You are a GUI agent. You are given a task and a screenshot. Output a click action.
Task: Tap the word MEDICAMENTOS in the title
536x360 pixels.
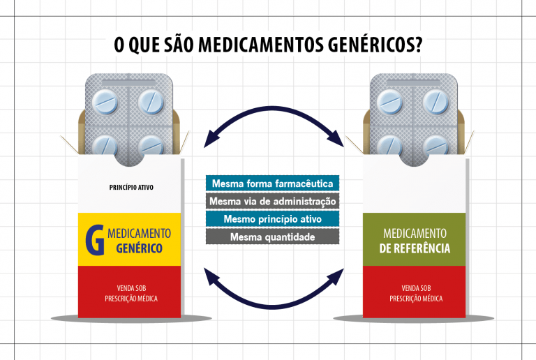(260, 45)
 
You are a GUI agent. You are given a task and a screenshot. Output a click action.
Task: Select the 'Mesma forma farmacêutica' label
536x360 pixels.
(272, 183)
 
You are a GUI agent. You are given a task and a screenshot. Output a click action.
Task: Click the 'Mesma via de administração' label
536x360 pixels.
(272, 201)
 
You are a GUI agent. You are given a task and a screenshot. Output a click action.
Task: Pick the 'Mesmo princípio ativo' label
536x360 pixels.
(272, 219)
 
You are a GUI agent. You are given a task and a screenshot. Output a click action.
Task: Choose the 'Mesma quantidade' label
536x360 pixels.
(272, 237)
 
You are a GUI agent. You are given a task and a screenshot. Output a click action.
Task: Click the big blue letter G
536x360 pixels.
(95, 240)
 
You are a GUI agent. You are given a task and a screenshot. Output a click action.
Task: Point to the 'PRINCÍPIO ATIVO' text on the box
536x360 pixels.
(131, 187)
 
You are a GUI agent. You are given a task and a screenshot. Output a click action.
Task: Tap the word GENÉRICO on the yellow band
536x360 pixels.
(139, 248)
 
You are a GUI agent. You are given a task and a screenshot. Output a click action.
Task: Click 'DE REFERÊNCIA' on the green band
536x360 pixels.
(415, 248)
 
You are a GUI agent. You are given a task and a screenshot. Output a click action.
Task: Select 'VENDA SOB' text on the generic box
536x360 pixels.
(132, 288)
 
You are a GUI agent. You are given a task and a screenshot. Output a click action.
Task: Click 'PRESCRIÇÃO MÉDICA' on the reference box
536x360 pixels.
(416, 299)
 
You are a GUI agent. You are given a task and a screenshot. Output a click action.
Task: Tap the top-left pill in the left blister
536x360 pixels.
(105, 102)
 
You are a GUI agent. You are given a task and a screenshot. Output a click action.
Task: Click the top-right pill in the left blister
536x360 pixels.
(151, 102)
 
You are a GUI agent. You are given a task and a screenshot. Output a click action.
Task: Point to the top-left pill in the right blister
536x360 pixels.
(389, 102)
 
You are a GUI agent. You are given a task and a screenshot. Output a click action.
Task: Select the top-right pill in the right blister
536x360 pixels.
(435, 102)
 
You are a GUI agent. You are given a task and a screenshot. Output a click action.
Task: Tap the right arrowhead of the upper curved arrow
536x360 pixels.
(336, 139)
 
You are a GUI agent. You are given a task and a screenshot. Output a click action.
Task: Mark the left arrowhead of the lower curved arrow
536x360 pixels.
(211, 276)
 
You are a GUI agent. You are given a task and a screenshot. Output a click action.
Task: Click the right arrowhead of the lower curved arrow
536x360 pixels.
(336, 276)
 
